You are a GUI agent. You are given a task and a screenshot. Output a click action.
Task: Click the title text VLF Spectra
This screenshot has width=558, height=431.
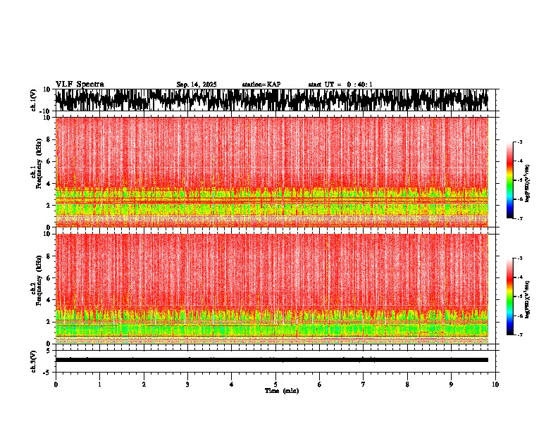pyautogui.click(x=80, y=85)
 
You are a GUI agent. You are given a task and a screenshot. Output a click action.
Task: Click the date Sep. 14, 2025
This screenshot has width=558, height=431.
pyautogui.click(x=196, y=85)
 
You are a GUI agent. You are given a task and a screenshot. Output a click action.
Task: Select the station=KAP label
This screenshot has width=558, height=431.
pyautogui.click(x=261, y=85)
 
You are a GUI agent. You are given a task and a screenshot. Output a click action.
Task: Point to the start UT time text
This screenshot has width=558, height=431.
pyautogui.click(x=340, y=85)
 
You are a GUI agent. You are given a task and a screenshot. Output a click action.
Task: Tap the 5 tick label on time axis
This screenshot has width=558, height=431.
pyautogui.click(x=276, y=385)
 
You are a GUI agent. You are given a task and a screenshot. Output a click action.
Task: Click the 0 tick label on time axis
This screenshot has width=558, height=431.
pyautogui.click(x=56, y=385)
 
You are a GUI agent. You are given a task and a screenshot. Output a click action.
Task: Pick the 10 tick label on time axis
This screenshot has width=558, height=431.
pyautogui.click(x=496, y=385)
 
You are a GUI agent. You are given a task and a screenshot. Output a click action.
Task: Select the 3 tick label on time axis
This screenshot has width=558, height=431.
pyautogui.click(x=188, y=385)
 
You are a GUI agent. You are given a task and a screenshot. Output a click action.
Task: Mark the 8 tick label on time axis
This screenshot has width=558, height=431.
pyautogui.click(x=408, y=385)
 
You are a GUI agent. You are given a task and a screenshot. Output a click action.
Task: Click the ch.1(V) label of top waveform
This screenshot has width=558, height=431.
pyautogui.click(x=34, y=101)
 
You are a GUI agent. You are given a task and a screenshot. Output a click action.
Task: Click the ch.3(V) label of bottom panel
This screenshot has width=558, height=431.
pyautogui.click(x=34, y=360)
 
